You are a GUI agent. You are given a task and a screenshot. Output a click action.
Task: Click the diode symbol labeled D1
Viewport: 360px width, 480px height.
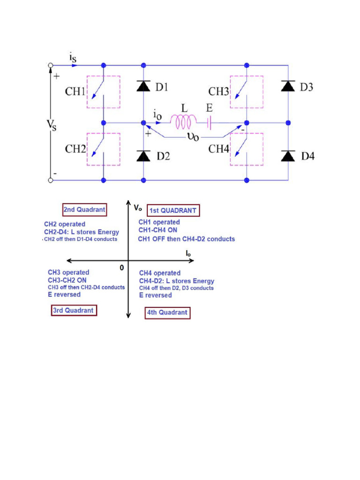pos(143,86)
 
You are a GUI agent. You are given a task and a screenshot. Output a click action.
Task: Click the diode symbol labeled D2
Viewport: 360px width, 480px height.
pos(143,156)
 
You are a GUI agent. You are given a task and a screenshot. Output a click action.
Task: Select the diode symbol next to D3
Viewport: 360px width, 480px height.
pos(288,86)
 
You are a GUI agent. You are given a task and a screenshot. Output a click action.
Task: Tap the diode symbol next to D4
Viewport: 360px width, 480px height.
pos(288,156)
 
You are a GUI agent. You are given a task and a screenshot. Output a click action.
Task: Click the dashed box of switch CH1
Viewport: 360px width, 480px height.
pos(103,92)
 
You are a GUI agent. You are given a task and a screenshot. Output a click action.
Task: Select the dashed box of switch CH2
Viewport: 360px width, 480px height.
pos(103,149)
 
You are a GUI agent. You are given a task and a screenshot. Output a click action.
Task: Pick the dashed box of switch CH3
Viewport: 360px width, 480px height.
pos(247,92)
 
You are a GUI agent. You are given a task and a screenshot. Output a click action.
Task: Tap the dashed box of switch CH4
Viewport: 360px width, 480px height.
pos(247,149)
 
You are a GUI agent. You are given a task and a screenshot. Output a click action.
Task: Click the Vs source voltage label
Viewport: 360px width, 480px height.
pos(51,125)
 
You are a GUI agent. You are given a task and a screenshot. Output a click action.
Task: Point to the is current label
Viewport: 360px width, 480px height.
pos(73,58)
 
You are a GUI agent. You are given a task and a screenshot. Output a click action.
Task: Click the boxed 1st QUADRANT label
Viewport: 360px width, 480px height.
pos(173,211)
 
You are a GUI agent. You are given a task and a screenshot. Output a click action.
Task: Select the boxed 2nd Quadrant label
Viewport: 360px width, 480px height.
pos(84,210)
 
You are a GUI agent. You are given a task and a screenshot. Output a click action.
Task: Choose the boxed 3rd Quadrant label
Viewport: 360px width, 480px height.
pos(73,310)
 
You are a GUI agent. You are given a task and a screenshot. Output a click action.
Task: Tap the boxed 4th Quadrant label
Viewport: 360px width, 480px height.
pos(167,313)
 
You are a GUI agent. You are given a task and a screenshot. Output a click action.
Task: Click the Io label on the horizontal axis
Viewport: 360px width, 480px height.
pos(188,253)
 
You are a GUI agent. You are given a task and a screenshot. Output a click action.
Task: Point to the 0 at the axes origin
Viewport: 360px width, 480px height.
pos(122,268)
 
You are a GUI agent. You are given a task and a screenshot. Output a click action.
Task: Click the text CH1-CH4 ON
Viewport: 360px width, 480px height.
pos(157,230)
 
